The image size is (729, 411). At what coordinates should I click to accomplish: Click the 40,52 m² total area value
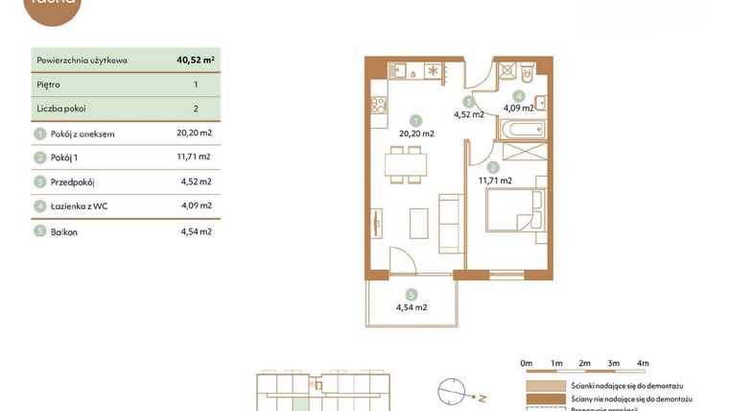(195, 60)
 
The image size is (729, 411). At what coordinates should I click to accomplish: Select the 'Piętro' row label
(48, 85)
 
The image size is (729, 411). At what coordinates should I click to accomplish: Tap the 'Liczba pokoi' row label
(61, 109)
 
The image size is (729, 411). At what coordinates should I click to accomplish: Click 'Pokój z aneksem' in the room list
(82, 133)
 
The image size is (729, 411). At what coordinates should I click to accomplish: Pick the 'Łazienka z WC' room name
(84, 205)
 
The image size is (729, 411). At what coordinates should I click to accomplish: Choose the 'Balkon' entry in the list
(65, 231)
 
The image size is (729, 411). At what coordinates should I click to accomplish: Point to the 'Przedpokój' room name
(73, 181)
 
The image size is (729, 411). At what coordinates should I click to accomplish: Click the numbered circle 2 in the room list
(40, 157)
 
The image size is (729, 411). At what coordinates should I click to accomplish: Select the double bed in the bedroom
(516, 209)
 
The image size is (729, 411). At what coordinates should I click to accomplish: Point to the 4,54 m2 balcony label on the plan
(412, 307)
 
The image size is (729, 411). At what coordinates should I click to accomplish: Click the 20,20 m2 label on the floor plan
(416, 133)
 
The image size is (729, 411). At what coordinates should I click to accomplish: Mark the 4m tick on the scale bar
(643, 363)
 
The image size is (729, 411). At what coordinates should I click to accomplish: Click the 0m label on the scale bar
(526, 363)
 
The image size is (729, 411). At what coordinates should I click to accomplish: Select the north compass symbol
(453, 392)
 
